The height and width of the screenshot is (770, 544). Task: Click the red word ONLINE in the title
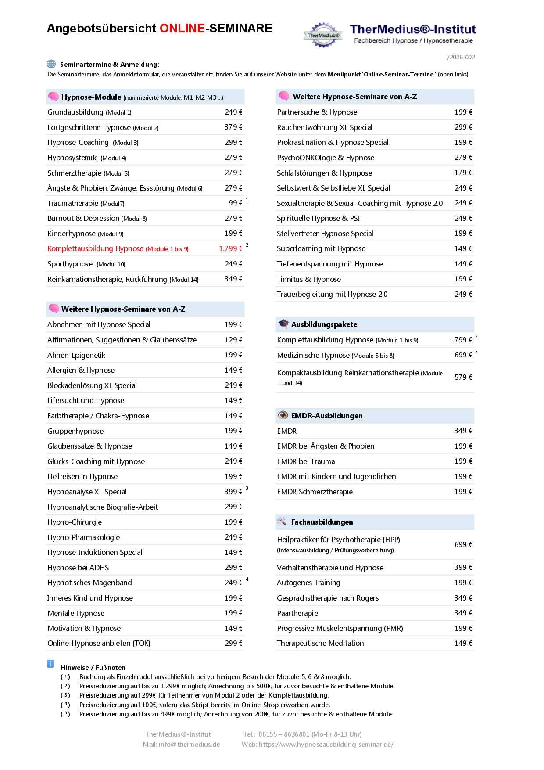click(x=182, y=29)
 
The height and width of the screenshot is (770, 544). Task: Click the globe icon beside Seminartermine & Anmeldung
click(x=51, y=64)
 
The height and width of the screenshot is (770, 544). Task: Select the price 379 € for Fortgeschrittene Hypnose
click(x=233, y=127)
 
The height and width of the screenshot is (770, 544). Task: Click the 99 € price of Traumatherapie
click(x=235, y=203)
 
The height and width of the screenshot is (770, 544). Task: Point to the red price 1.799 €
click(x=230, y=248)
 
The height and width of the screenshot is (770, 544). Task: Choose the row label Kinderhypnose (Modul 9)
click(x=86, y=234)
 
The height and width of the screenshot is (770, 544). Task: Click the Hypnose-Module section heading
click(x=91, y=97)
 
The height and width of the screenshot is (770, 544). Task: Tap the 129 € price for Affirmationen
click(x=233, y=340)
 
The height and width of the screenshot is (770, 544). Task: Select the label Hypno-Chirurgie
click(x=75, y=522)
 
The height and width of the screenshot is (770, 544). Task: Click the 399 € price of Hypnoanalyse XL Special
click(x=233, y=492)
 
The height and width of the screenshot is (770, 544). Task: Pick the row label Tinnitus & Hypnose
click(x=309, y=279)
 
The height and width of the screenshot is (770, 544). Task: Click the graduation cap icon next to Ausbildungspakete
click(x=283, y=324)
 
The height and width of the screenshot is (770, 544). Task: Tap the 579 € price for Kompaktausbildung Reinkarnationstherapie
click(x=463, y=377)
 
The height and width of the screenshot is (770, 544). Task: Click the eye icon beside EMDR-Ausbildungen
click(x=283, y=415)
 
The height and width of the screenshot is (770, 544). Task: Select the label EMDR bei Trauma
click(x=306, y=461)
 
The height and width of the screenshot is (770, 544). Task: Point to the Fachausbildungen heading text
click(x=322, y=522)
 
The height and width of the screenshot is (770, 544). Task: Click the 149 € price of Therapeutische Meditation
click(x=463, y=643)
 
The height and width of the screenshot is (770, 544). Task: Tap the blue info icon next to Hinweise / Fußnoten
click(x=50, y=664)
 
